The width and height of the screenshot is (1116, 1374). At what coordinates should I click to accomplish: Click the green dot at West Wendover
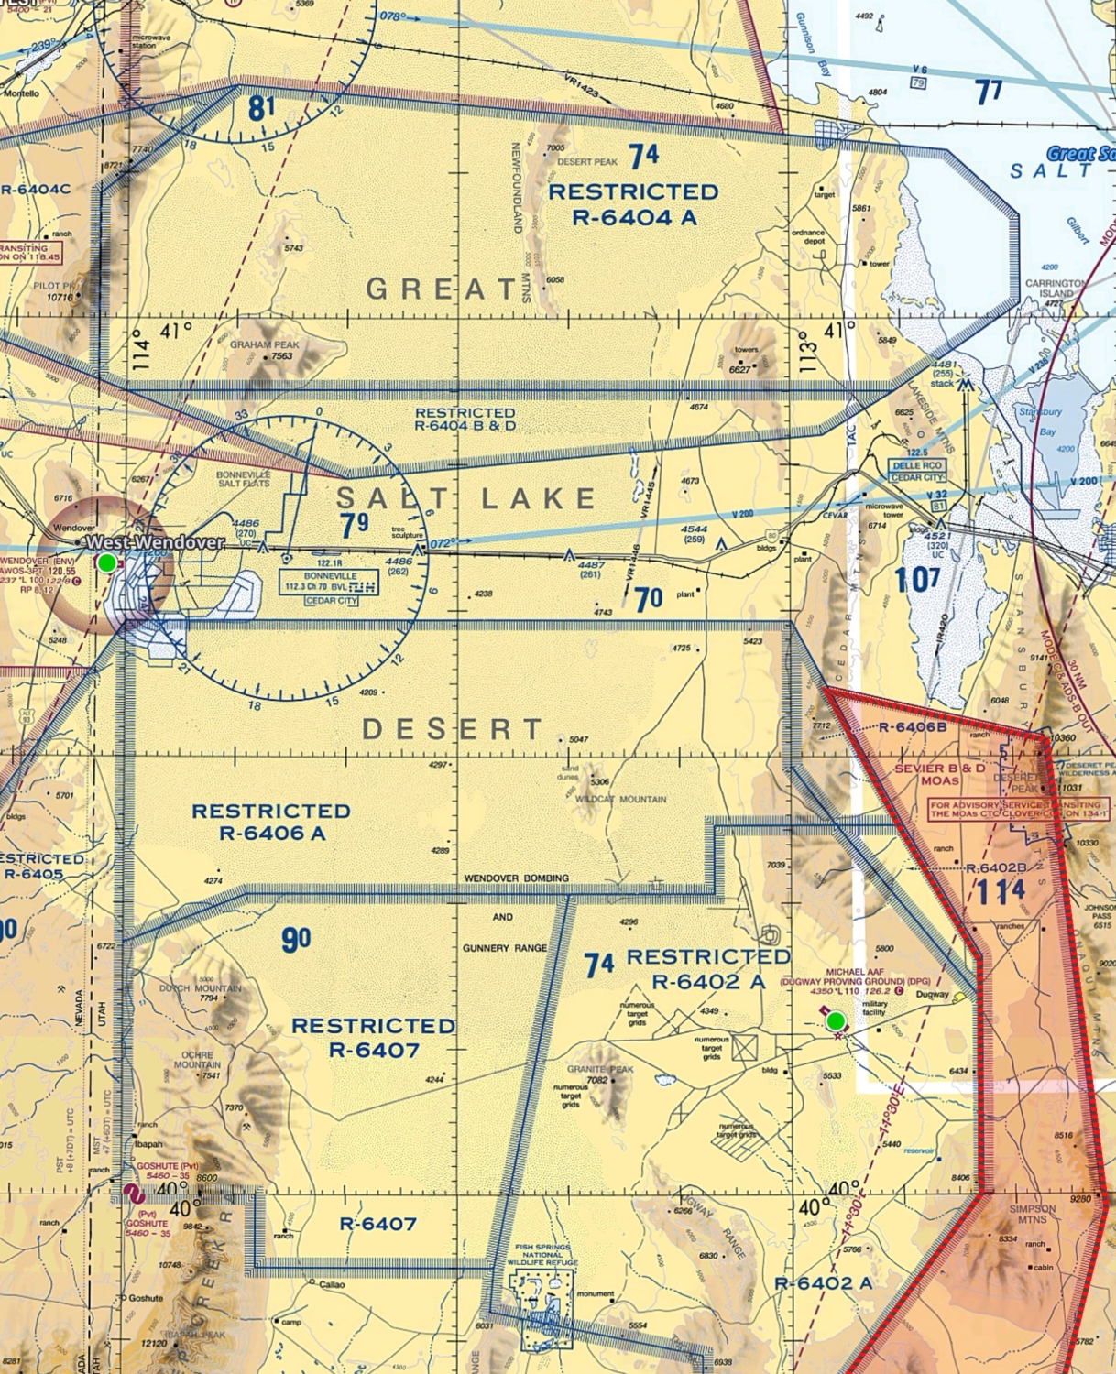(x=107, y=562)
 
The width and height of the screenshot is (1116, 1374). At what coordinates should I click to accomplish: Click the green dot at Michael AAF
(x=835, y=1020)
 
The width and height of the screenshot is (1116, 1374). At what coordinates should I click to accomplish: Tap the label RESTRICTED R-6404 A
(x=633, y=204)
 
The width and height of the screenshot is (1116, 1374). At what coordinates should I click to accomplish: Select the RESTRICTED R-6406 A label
(x=271, y=822)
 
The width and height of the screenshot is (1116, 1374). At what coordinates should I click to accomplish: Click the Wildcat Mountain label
(x=621, y=799)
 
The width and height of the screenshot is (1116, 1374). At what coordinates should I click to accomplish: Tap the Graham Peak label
(x=264, y=344)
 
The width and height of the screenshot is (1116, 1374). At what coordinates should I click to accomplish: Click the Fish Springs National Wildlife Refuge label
(x=542, y=1255)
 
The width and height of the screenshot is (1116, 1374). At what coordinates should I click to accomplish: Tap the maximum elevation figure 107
(x=917, y=580)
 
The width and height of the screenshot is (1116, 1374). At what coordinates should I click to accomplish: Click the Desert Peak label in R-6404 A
(x=587, y=162)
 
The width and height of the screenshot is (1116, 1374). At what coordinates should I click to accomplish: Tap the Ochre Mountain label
(x=197, y=1060)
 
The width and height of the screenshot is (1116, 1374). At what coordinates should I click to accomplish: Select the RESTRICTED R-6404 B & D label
(x=465, y=419)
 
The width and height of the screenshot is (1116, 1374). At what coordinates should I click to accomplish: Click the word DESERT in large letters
(x=454, y=729)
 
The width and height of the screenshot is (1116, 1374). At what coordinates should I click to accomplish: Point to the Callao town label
(x=332, y=1285)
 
